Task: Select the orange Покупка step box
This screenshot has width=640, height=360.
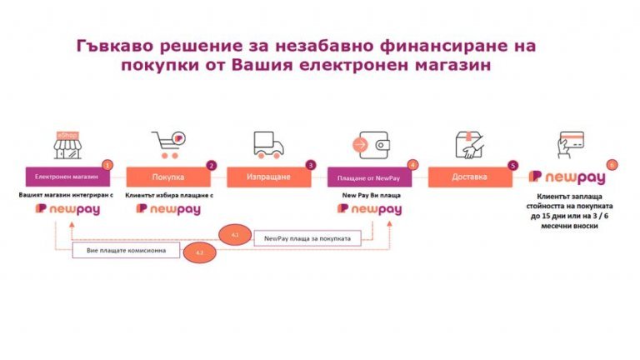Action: pyautogui.click(x=167, y=177)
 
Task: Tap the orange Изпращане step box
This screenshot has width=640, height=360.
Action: pyautogui.click(x=268, y=177)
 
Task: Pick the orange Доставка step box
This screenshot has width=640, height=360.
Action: pyautogui.click(x=469, y=177)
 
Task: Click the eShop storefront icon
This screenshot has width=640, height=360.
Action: pyautogui.click(x=70, y=143)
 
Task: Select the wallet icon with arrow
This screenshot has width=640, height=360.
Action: pyautogui.click(x=368, y=143)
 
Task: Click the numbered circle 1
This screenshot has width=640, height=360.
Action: pyautogui.click(x=107, y=165)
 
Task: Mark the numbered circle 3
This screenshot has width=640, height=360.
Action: pyautogui.click(x=311, y=165)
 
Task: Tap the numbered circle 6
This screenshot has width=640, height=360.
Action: pyautogui.click(x=612, y=165)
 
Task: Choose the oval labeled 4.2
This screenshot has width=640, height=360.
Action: pyautogui.click(x=199, y=251)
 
